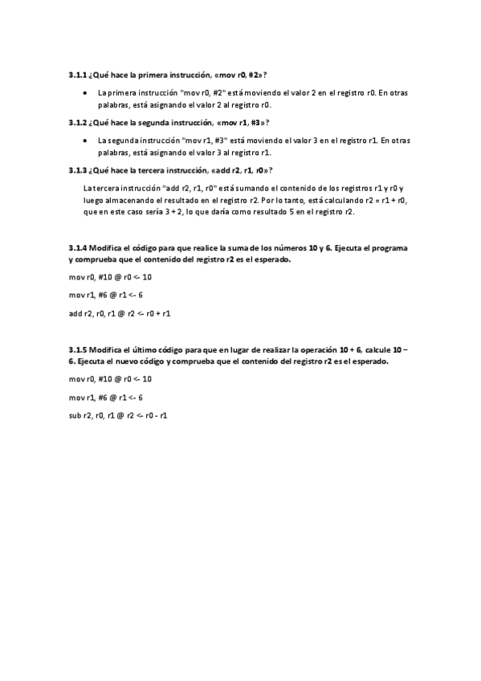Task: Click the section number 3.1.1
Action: (x=79, y=75)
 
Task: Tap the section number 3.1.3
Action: (x=79, y=169)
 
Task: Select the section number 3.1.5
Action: (x=79, y=351)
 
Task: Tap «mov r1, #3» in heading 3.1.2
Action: (x=238, y=122)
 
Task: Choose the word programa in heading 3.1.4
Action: (x=378, y=248)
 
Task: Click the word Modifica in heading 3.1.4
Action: (x=108, y=248)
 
